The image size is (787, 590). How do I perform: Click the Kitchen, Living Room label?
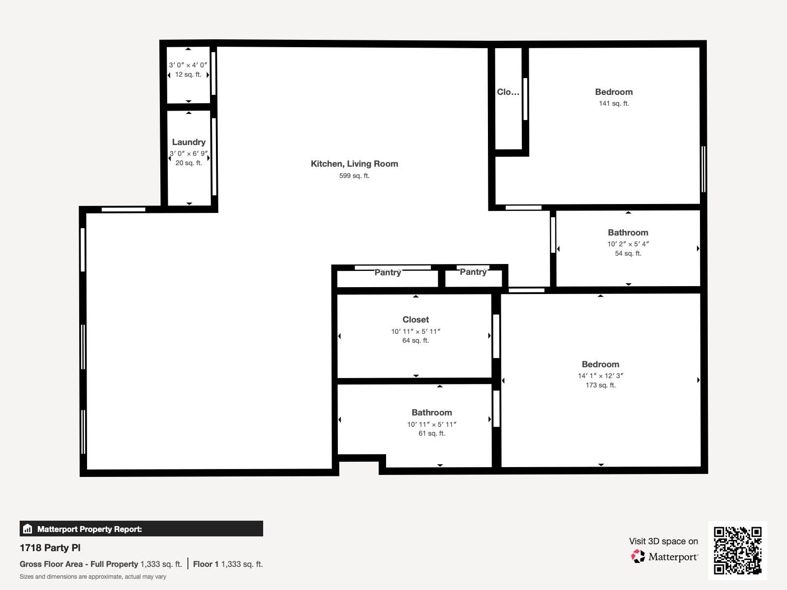(x=354, y=164)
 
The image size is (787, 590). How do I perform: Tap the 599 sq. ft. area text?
(x=354, y=176)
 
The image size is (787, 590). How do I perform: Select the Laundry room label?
(x=188, y=142)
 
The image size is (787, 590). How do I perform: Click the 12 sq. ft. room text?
(x=188, y=75)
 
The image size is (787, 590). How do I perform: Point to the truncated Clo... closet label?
(x=508, y=92)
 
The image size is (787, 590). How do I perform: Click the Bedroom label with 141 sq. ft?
(x=613, y=92)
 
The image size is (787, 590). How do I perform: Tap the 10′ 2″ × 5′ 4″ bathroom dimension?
(x=628, y=244)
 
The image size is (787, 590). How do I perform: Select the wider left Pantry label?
(x=388, y=272)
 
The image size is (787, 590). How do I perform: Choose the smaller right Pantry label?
(x=473, y=272)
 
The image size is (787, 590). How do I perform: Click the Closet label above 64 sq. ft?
(x=416, y=320)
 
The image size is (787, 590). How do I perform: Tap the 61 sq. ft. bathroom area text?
(x=431, y=433)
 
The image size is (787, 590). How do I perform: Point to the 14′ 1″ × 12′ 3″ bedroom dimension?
(x=600, y=376)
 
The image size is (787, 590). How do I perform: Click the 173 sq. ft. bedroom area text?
(x=600, y=385)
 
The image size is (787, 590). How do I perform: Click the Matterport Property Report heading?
(x=90, y=529)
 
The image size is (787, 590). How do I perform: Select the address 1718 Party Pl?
(x=50, y=548)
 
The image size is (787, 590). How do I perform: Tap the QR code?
(x=737, y=550)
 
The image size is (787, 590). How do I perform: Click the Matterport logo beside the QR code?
(x=665, y=557)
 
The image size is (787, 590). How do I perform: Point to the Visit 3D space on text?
(x=663, y=541)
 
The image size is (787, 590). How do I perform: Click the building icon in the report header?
(x=28, y=529)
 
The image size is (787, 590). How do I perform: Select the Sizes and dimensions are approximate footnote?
(x=93, y=577)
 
